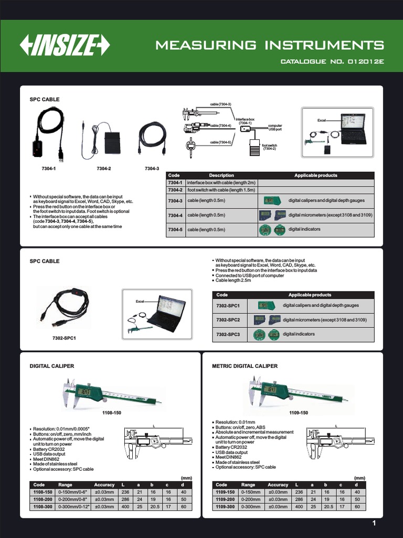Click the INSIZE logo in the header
[65, 46]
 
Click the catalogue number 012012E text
[332, 61]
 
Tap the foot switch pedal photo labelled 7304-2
[112, 142]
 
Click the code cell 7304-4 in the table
[175, 215]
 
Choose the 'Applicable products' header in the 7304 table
[316, 175]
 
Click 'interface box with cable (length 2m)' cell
[221, 182]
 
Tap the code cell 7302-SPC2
[228, 319]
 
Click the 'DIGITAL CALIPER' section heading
[52, 366]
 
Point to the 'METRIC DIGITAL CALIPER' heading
[245, 366]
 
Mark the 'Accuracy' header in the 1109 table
[278, 484]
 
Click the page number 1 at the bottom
[374, 523]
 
